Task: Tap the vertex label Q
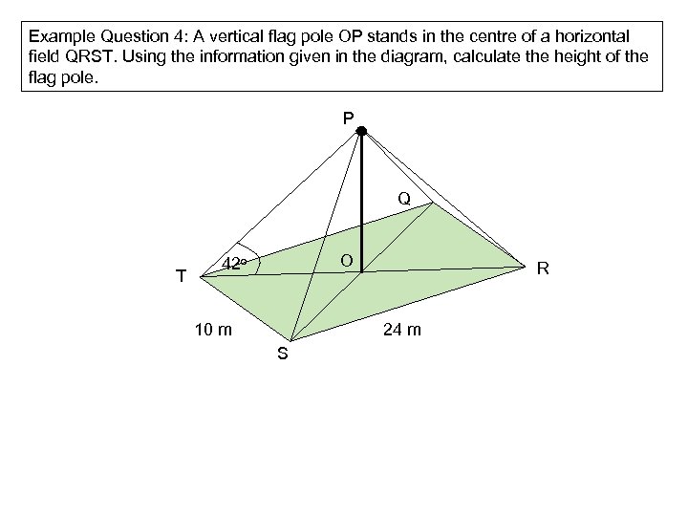404,199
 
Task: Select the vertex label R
542,269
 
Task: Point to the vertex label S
282,355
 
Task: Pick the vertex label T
181,277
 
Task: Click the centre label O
346,261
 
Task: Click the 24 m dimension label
401,331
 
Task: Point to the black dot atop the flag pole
362,131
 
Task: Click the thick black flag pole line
362,201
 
